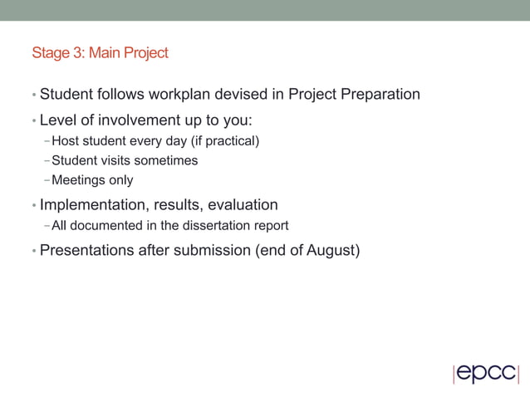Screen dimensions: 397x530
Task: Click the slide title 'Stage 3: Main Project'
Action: pos(100,53)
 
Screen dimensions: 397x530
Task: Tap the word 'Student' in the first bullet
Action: pos(67,94)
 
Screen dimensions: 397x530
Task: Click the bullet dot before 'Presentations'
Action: pos(33,251)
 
